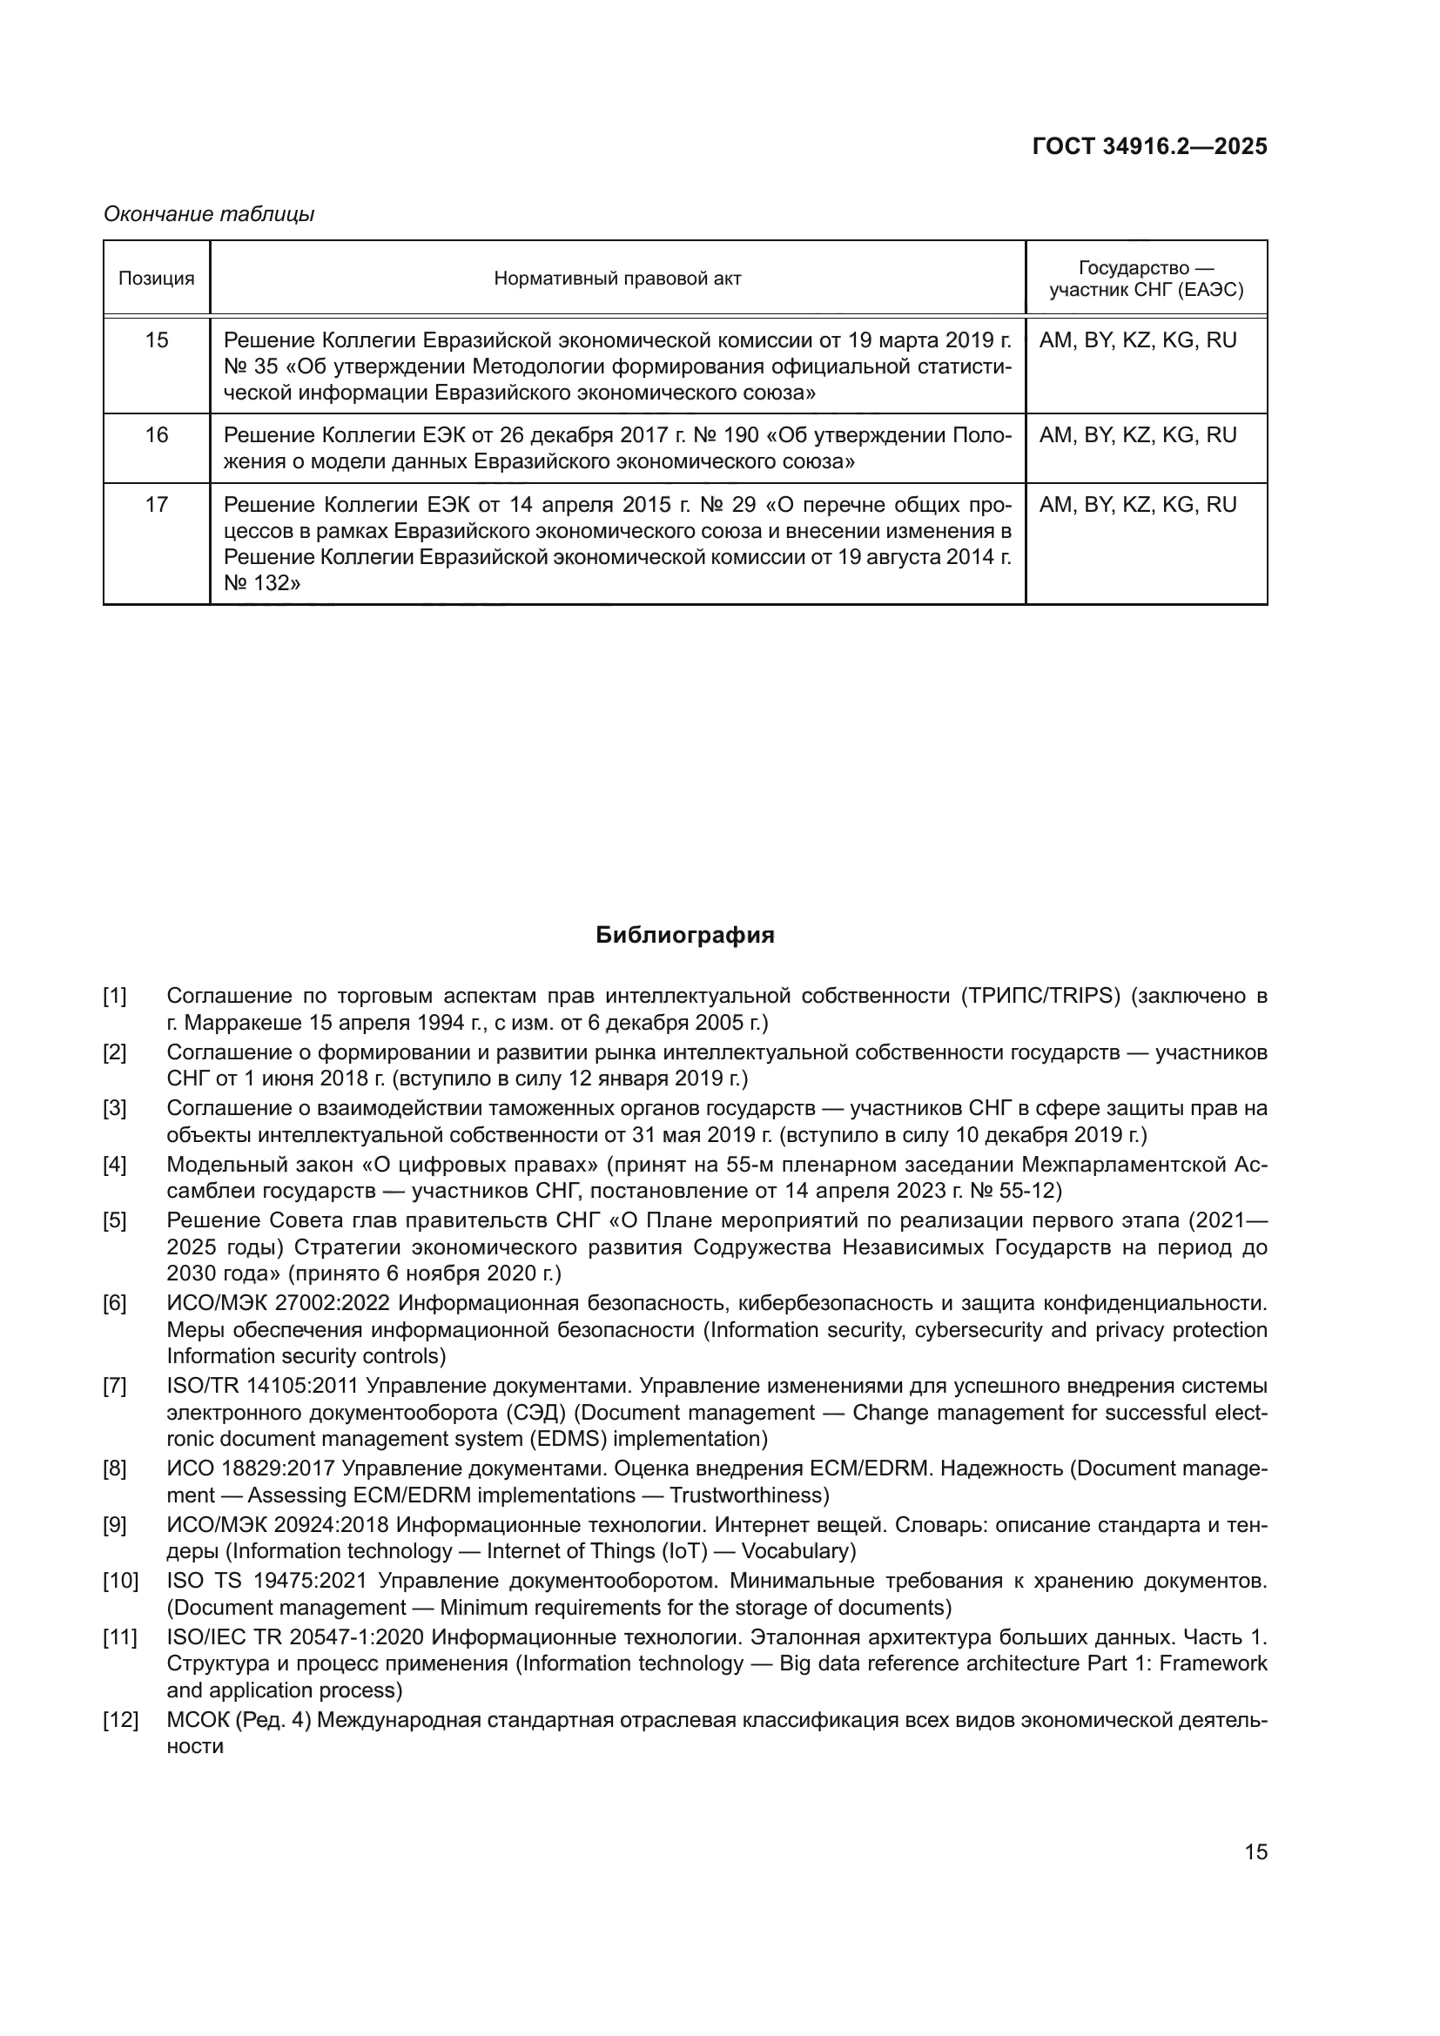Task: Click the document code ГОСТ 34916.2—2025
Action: click(x=1149, y=146)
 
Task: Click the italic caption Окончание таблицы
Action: click(x=209, y=214)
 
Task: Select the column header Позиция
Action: click(x=156, y=279)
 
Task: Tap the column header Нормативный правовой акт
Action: click(x=617, y=279)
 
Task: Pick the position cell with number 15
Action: click(x=156, y=340)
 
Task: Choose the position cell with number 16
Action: click(x=156, y=435)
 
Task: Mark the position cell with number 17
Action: click(x=156, y=505)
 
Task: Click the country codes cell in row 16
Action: click(x=1138, y=435)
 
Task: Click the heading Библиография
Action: click(x=684, y=936)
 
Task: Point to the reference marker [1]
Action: click(x=114, y=996)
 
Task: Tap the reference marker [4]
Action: click(x=114, y=1165)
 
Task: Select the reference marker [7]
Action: click(x=114, y=1386)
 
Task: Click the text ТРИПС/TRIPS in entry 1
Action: click(x=1043, y=996)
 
